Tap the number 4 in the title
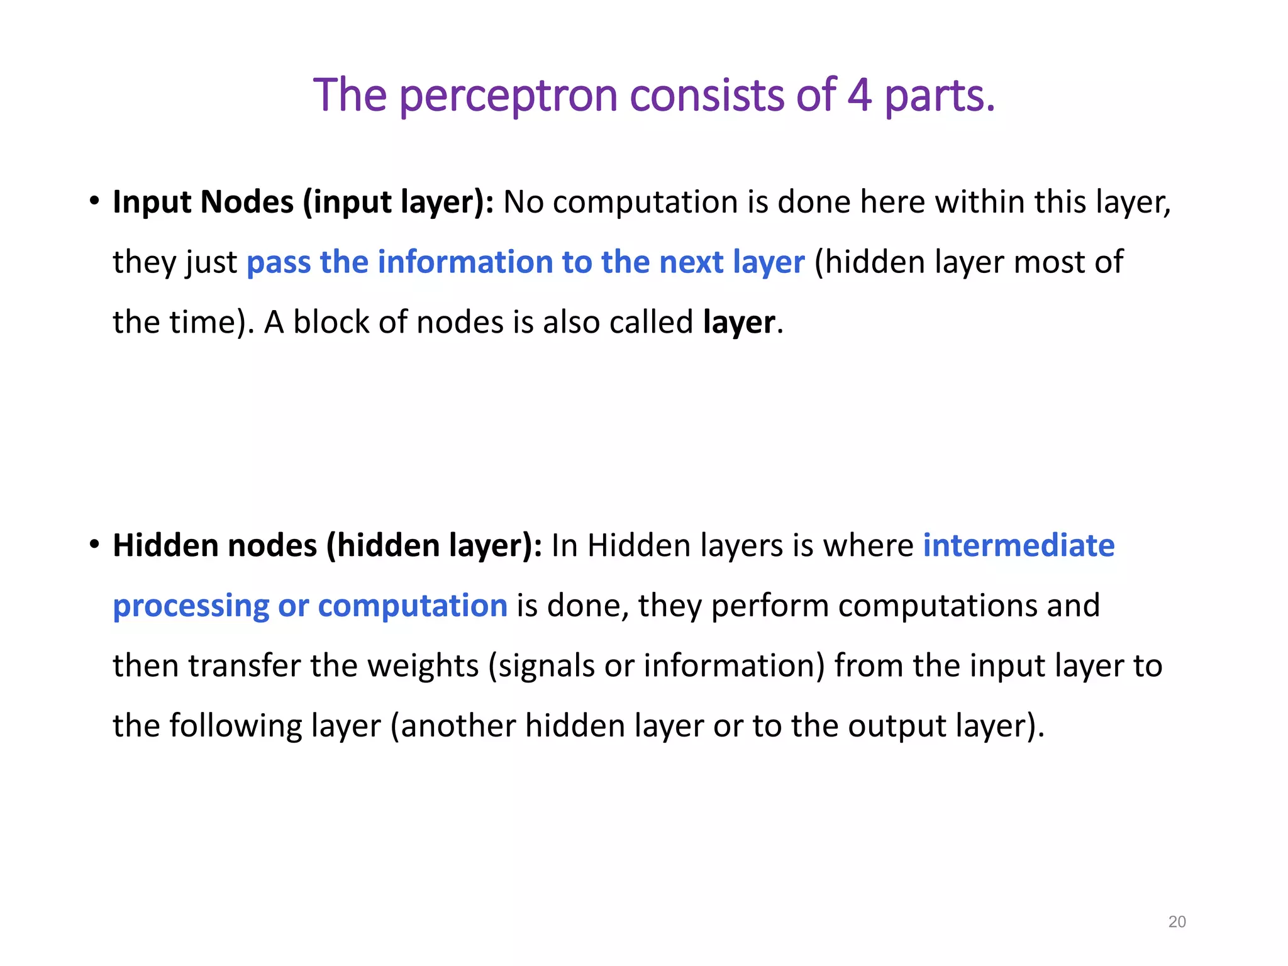[x=860, y=95]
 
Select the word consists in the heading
[x=707, y=95]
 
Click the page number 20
[x=1177, y=922]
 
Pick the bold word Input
[x=152, y=203]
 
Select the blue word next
[x=691, y=262]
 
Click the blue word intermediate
[x=1019, y=545]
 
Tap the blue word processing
[x=191, y=606]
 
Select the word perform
[x=770, y=606]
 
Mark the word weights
[x=423, y=666]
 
